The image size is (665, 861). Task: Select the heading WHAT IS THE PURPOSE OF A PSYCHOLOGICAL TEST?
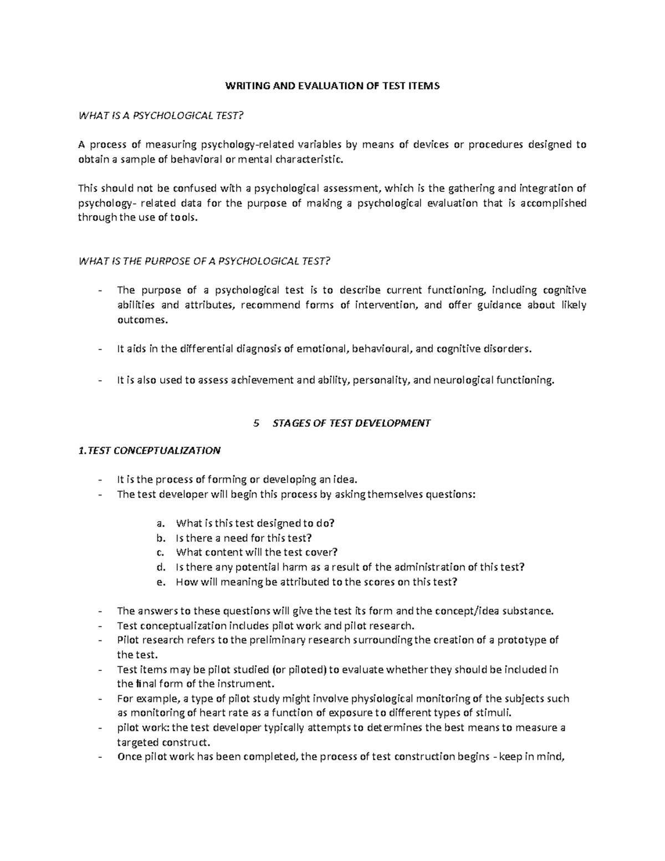tap(205, 261)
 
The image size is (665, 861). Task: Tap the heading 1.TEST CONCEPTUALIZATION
tap(150, 450)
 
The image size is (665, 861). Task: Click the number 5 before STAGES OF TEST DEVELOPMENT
tap(255, 423)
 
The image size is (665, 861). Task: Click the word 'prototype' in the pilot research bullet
tap(519, 640)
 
